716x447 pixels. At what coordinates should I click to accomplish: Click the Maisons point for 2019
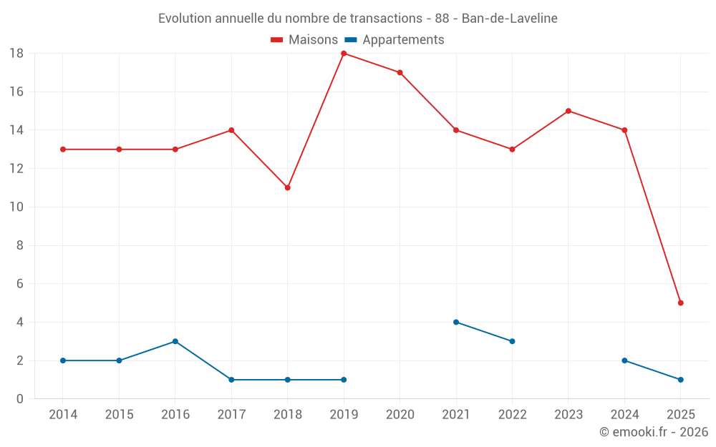tap(344, 54)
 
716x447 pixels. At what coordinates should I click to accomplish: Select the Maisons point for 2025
tap(680, 303)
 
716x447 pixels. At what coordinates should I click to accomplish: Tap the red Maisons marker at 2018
tap(287, 187)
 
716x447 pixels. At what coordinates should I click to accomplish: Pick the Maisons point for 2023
tap(569, 111)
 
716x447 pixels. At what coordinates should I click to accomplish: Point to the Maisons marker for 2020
tap(400, 72)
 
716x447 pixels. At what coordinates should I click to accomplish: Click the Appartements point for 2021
tap(456, 322)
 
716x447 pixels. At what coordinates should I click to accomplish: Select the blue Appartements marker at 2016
tap(175, 341)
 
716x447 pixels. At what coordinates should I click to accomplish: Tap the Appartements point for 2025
tap(680, 380)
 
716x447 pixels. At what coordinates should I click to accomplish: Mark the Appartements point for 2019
tap(344, 380)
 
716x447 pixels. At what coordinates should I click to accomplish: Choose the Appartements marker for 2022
tap(512, 341)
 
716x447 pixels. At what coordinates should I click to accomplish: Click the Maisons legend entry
tap(304, 40)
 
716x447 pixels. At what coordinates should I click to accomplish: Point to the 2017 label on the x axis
tap(231, 415)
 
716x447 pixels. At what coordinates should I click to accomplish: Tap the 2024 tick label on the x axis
tap(624, 415)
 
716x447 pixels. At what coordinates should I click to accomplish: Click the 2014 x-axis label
tap(63, 415)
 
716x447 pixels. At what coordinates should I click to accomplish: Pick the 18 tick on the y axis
tap(16, 54)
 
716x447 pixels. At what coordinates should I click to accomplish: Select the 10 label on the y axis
tap(16, 207)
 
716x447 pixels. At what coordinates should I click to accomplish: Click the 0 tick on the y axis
tap(20, 399)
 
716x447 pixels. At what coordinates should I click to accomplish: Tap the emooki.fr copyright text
tap(654, 432)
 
